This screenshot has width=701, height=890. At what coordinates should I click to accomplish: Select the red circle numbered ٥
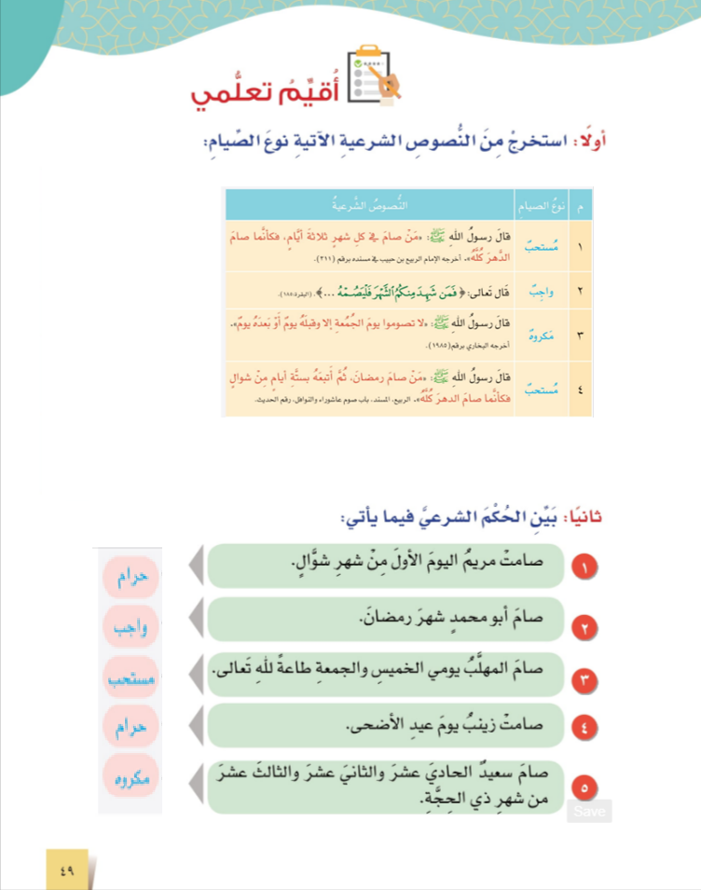584,788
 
